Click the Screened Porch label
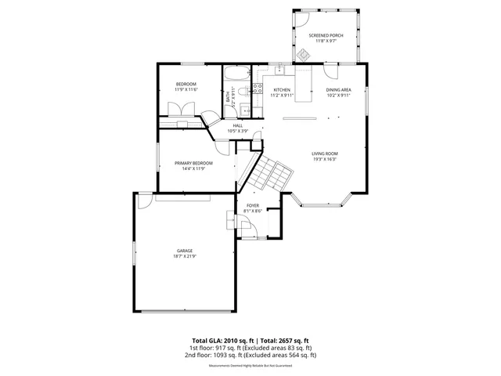[325, 36]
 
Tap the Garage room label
[184, 251]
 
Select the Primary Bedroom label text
[193, 163]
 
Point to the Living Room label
[324, 154]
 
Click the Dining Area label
[338, 90]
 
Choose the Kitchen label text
[281, 90]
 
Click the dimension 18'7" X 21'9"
[184, 256]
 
